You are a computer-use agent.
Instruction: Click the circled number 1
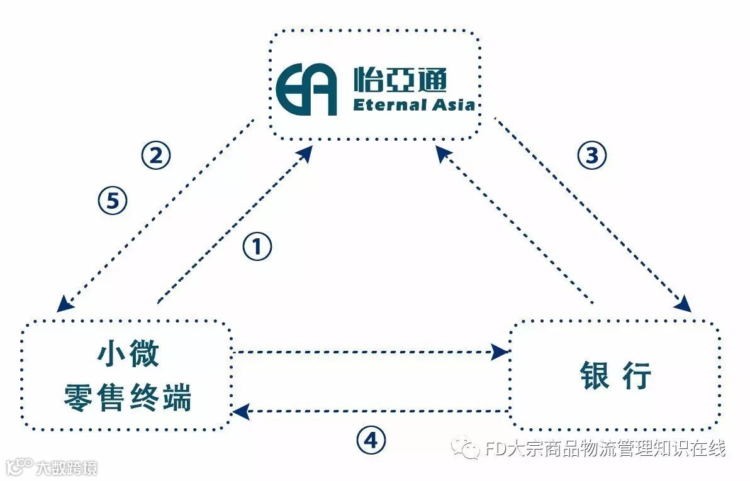coord(257,247)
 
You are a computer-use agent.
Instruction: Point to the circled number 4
coord(371,440)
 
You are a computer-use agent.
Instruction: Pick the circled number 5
coord(113,201)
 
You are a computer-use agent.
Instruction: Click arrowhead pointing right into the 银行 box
coord(500,351)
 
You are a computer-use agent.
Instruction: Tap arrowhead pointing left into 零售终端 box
coord(239,412)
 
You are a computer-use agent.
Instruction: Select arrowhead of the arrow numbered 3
coord(683,304)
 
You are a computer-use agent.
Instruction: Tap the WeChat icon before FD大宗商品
coord(466,448)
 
